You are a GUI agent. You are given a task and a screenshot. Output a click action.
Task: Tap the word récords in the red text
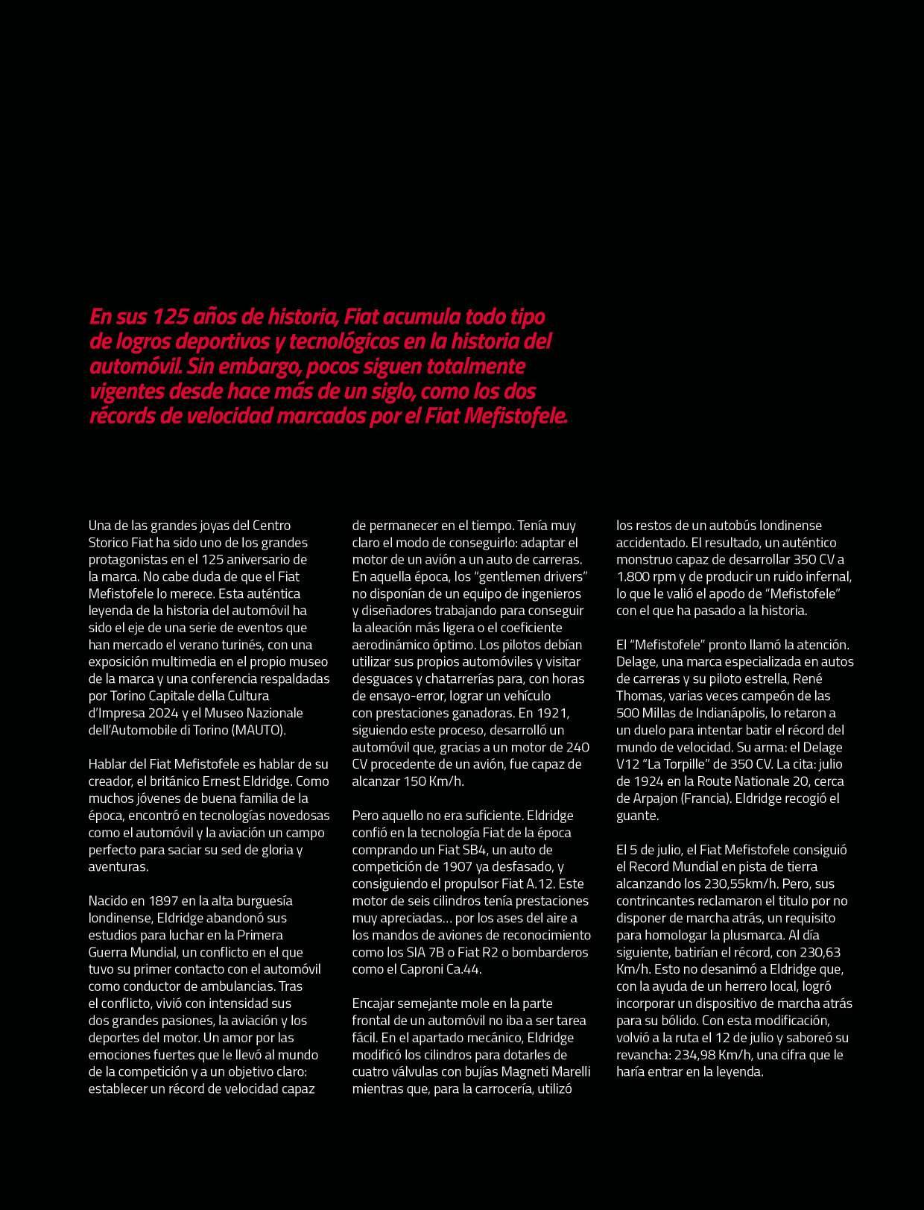[122, 415]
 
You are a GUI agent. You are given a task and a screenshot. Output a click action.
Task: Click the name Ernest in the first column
[227, 781]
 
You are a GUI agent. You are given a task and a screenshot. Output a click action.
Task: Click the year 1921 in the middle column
[553, 713]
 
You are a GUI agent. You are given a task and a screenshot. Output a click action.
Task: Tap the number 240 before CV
[577, 747]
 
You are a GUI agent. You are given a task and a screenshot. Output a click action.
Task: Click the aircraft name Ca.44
[461, 969]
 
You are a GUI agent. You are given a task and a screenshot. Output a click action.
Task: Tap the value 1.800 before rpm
[633, 576]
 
